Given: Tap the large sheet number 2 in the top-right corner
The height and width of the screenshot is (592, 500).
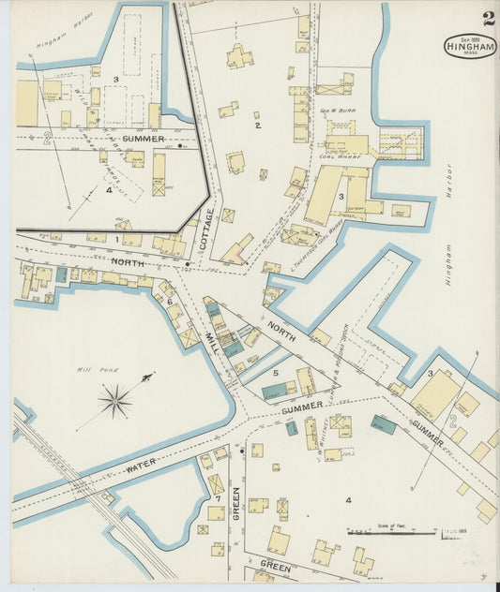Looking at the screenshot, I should click(x=489, y=18).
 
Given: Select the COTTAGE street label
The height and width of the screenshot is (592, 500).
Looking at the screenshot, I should click(x=205, y=229).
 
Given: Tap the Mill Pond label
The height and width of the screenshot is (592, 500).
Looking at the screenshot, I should click(x=94, y=370).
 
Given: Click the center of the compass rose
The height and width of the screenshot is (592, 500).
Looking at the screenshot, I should click(x=115, y=402).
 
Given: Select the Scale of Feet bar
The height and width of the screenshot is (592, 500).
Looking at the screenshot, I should click(x=394, y=533).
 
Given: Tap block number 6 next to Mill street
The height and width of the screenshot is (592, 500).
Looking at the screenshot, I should click(x=169, y=301).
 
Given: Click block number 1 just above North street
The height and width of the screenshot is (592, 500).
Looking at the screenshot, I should click(x=116, y=239).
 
